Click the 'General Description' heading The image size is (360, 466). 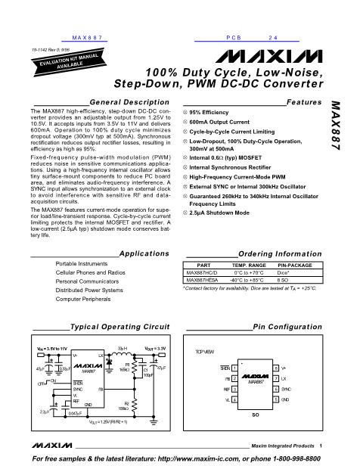click(x=113, y=101)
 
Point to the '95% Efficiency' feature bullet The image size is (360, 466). click(x=210, y=112)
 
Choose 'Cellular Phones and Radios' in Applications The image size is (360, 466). click(x=90, y=272)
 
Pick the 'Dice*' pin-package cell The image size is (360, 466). click(x=288, y=272)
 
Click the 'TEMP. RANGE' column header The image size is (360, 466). click(x=245, y=266)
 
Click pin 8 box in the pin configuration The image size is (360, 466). click(x=276, y=366)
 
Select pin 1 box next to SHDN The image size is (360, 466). click(x=234, y=366)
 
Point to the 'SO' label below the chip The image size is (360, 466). click(x=255, y=415)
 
